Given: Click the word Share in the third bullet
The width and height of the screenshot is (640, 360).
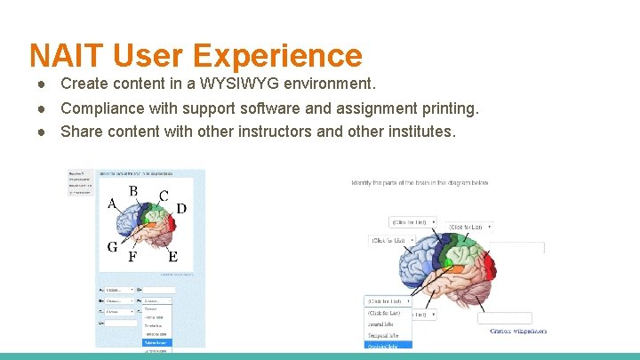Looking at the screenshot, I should click(x=80, y=132).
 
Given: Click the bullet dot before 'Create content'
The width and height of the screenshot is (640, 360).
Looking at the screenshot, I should click(x=42, y=84).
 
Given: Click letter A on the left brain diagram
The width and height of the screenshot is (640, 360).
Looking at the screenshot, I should click(x=112, y=204).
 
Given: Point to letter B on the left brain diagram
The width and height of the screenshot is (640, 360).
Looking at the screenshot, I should click(x=133, y=190).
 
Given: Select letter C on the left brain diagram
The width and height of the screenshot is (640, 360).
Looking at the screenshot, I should click(x=164, y=196).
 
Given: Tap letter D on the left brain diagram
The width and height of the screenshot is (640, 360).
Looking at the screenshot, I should click(x=181, y=209).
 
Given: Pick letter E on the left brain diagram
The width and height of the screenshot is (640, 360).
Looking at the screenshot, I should click(x=172, y=257).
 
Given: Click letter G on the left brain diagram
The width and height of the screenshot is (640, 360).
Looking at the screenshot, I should click(x=113, y=246).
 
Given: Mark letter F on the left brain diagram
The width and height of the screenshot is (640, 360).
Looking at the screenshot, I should click(x=132, y=257).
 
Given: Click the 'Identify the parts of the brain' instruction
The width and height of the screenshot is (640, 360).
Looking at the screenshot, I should click(x=420, y=183).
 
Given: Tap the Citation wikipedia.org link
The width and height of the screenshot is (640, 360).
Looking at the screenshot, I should click(x=518, y=331).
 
